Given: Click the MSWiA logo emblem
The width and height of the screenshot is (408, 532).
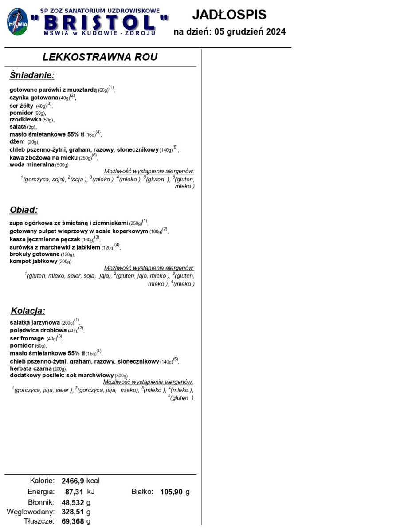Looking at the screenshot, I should pyautogui.click(x=18, y=23).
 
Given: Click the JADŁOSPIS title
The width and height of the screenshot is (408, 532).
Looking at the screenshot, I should pyautogui.click(x=229, y=15).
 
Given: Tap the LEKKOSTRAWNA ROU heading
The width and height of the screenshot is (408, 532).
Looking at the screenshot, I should pyautogui.click(x=100, y=57).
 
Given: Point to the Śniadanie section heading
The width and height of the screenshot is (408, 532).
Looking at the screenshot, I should pyautogui.click(x=32, y=75).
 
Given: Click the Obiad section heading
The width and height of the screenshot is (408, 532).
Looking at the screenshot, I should pyautogui.click(x=24, y=210).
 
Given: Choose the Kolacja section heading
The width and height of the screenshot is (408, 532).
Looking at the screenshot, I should pyautogui.click(x=27, y=311).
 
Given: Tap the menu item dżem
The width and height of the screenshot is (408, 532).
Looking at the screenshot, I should pyautogui.click(x=17, y=142).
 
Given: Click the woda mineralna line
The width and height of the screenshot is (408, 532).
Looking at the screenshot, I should pyautogui.click(x=32, y=165).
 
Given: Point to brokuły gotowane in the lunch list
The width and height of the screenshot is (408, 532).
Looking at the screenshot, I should pyautogui.click(x=35, y=254).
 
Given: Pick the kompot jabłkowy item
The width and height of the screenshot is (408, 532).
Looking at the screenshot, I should pyautogui.click(x=34, y=262).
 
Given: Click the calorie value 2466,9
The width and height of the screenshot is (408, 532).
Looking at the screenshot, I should pyautogui.click(x=73, y=481).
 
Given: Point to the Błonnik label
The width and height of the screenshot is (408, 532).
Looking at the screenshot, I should pyautogui.click(x=41, y=502).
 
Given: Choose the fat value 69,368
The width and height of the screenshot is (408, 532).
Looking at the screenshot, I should pyautogui.click(x=73, y=521).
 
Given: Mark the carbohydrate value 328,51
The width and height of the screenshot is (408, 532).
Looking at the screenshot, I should pyautogui.click(x=73, y=512).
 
